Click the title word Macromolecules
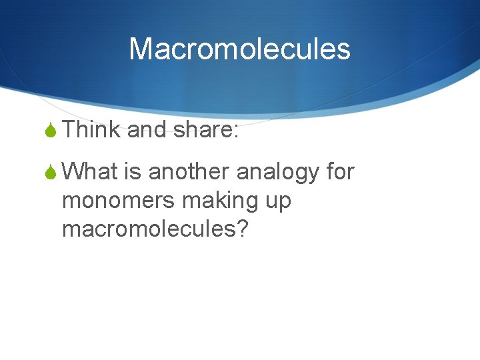[239, 49]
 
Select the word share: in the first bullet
[205, 130]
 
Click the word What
[91, 172]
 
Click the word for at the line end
[340, 172]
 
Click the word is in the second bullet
[132, 172]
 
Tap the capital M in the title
[141, 49]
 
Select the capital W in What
[75, 172]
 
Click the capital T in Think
[70, 130]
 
